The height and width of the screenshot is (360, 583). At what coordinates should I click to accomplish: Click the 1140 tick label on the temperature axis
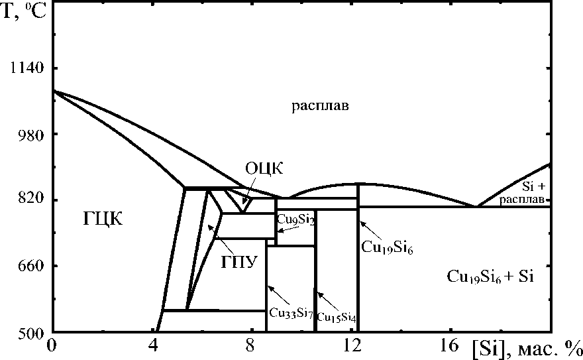click(x=26, y=69)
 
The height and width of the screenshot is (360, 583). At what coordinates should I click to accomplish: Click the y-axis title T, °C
click(x=25, y=12)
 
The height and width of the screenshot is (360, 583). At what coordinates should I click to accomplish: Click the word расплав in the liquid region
click(x=319, y=106)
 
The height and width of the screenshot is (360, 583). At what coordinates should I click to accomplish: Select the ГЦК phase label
click(x=103, y=219)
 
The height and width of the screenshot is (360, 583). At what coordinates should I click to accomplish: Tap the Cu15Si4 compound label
click(x=337, y=318)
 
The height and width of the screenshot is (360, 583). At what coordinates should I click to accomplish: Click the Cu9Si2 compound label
click(x=295, y=219)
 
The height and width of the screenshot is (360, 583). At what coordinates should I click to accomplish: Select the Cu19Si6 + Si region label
click(x=490, y=277)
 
